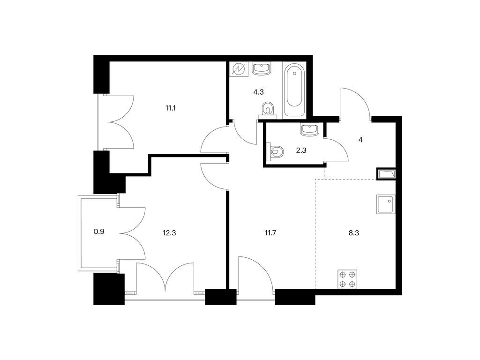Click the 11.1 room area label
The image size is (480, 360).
[170, 108]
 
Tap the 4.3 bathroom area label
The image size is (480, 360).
[258, 92]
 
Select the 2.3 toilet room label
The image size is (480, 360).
[301, 150]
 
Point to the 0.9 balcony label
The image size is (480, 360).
[99, 232]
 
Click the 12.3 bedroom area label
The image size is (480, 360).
[169, 233]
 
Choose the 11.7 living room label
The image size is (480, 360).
[270, 233]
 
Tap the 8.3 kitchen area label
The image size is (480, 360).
[353, 233]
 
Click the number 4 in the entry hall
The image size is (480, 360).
[360, 140]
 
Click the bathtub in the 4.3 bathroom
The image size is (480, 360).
[294, 90]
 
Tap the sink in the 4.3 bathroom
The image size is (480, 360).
[262, 68]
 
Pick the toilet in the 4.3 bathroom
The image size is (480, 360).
[268, 110]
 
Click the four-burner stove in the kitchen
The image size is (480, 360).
[348, 279]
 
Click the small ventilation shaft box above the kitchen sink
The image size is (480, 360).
[386, 174]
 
